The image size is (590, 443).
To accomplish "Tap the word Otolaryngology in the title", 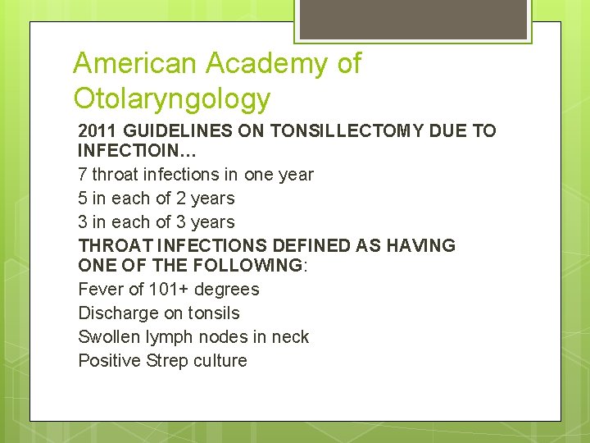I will (x=171, y=98).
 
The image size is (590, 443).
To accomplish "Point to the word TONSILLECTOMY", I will (x=357, y=131).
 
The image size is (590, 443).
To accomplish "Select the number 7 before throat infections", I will (x=83, y=175).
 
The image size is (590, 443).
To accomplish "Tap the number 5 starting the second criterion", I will (x=83, y=199).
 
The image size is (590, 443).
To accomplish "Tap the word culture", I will (x=220, y=361).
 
